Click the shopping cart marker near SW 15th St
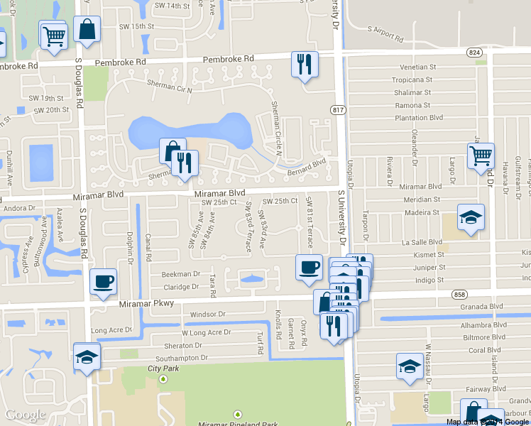[54, 35]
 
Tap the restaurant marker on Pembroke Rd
[304, 65]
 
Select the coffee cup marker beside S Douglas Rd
[104, 281]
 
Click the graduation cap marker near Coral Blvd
[409, 367]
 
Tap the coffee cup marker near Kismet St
[308, 268]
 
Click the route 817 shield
[337, 109]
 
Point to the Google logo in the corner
[25, 415]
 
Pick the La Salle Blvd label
[422, 242]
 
